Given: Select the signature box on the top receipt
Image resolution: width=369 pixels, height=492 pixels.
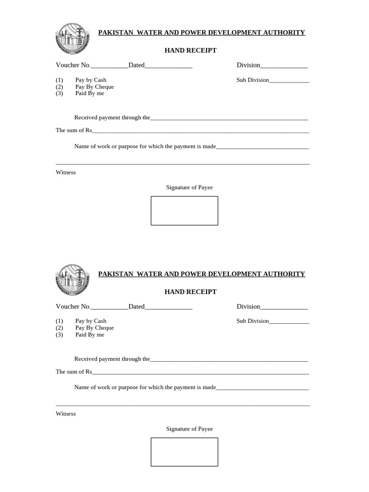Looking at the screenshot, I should point(184,210).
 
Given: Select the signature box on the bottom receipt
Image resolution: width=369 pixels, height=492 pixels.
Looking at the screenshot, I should point(184,452).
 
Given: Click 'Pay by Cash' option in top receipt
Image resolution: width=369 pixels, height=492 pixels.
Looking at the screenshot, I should point(91,80).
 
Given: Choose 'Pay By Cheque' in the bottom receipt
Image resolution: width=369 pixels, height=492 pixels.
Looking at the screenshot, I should point(95,328).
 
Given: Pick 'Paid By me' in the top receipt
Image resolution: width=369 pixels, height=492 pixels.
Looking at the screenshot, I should point(89,93).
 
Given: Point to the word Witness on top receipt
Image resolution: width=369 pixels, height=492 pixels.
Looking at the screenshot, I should point(66,172).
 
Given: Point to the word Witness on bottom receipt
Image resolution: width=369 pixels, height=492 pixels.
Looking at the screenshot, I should point(66,414).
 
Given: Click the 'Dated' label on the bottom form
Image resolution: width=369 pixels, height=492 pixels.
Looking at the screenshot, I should point(136,307).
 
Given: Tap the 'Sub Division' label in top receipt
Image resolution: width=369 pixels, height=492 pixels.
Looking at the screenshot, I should point(253,80).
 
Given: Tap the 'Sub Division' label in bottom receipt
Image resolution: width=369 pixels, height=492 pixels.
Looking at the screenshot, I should point(253,321).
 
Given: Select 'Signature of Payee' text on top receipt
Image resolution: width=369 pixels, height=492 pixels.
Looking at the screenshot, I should point(189,187).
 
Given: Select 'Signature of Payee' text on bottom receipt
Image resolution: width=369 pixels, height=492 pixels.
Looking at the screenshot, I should point(189,429).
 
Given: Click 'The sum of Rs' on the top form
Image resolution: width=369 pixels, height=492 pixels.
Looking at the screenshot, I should point(74,130).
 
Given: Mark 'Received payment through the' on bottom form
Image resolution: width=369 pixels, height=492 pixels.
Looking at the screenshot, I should point(112,359).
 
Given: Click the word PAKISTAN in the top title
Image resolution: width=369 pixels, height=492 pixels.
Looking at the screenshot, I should point(116,33).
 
